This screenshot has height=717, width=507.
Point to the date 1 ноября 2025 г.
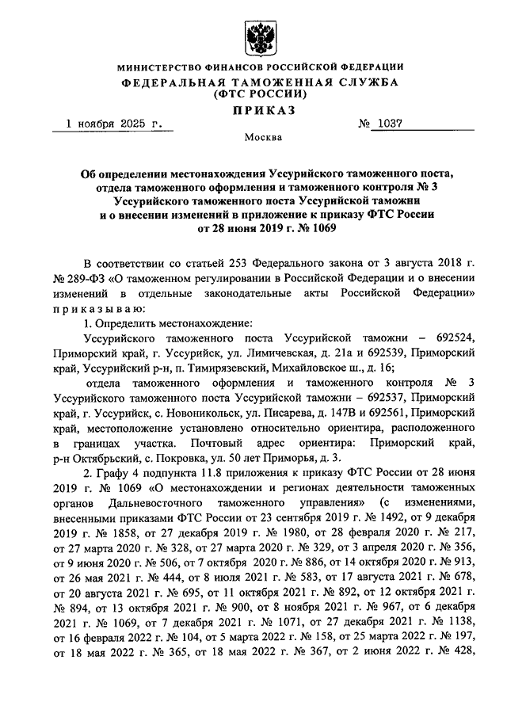[x=114, y=124]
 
